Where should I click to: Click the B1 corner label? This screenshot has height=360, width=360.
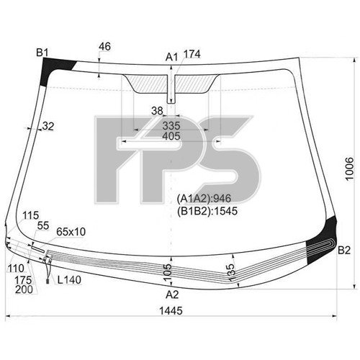point(42,52)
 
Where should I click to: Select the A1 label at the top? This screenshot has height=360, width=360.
point(171,56)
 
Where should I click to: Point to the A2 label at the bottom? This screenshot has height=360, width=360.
point(172,294)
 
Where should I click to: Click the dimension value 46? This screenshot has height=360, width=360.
point(104,47)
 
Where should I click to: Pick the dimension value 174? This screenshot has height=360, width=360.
point(192,55)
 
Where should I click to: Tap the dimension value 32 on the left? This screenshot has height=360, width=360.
point(48,127)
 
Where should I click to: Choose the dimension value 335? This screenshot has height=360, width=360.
point(171,125)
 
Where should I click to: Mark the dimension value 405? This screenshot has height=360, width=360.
point(171,135)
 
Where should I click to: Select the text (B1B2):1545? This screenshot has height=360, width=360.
point(207,211)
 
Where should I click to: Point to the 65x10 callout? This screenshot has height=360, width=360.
point(71,231)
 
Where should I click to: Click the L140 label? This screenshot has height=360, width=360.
point(68,279)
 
